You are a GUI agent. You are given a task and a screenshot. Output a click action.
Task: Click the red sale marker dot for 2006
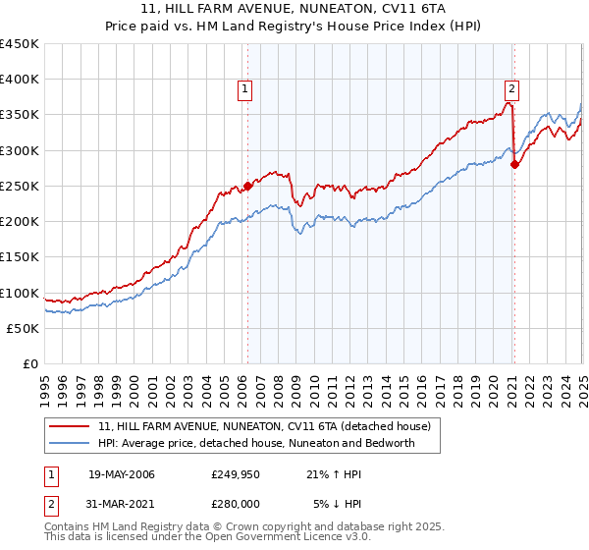click(x=247, y=185)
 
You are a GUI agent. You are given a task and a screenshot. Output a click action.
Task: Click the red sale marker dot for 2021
click(x=514, y=164)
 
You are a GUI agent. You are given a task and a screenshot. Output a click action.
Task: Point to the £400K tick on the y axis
click(x=20, y=80)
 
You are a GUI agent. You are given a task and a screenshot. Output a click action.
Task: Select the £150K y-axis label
click(x=20, y=256)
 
